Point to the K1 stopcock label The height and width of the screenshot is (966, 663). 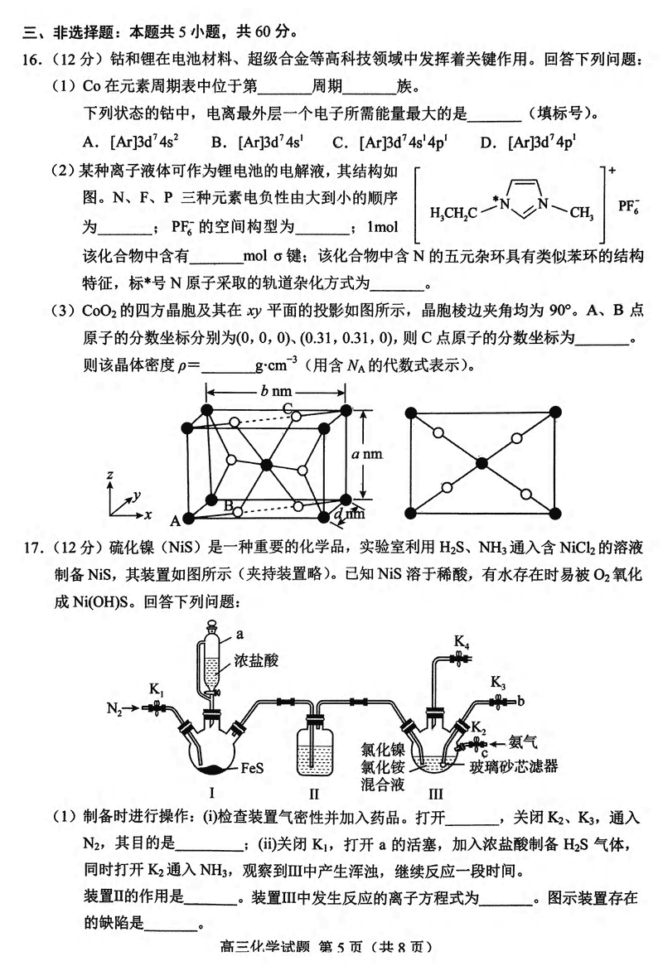pyautogui.click(x=157, y=688)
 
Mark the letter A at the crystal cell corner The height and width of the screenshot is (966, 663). pyautogui.click(x=175, y=521)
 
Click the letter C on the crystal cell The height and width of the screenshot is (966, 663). pyautogui.click(x=287, y=408)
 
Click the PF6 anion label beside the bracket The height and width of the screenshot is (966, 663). pyautogui.click(x=630, y=205)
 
